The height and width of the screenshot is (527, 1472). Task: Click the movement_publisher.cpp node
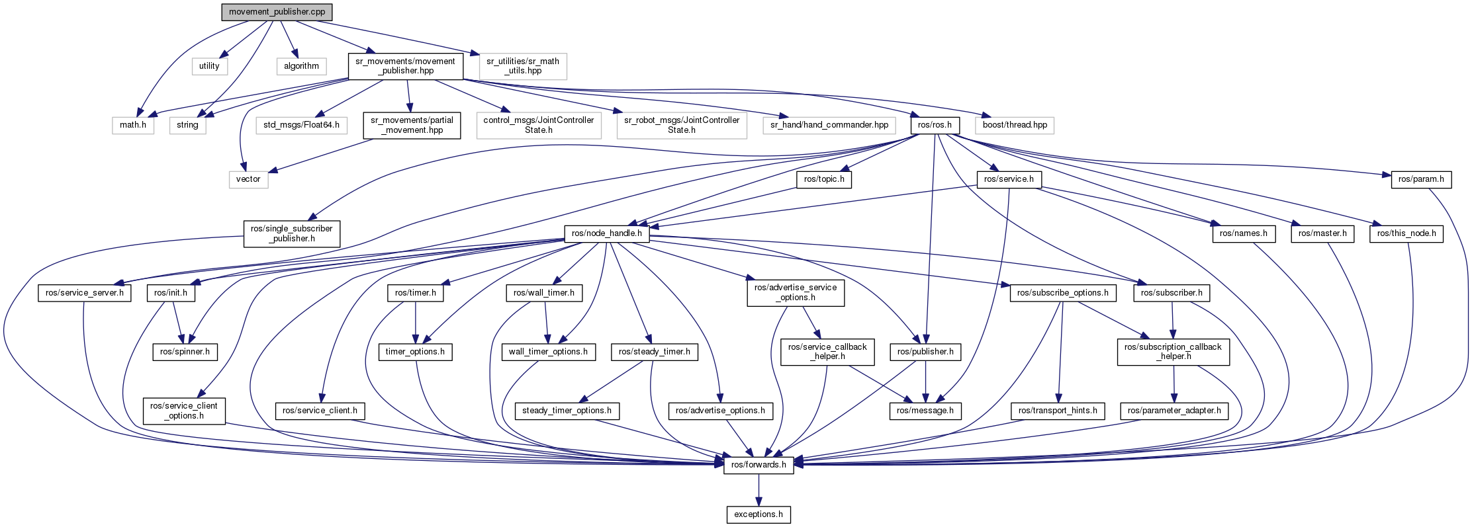pyautogui.click(x=277, y=12)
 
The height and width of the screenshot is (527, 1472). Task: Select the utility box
pyautogui.click(x=209, y=66)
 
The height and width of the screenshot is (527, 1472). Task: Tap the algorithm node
pyautogui.click(x=301, y=66)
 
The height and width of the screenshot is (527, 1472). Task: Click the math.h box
pyautogui.click(x=133, y=125)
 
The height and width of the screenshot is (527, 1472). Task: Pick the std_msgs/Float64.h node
pyautogui.click(x=301, y=125)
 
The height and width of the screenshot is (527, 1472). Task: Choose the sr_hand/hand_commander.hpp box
pyautogui.click(x=829, y=125)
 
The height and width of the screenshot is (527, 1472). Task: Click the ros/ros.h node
pyautogui.click(x=935, y=125)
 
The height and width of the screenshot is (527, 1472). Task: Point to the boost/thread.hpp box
pyautogui.click(x=1014, y=125)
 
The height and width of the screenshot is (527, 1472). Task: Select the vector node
pyautogui.click(x=248, y=179)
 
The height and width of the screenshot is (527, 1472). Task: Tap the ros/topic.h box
pyautogui.click(x=824, y=179)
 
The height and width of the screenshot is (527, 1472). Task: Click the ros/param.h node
pyautogui.click(x=1421, y=179)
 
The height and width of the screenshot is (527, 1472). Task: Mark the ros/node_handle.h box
pyautogui.click(x=606, y=233)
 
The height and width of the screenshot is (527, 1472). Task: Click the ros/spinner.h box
pyautogui.click(x=185, y=352)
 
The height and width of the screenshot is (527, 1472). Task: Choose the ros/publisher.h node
pyautogui.click(x=925, y=352)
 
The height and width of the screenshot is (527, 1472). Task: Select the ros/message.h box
pyautogui.click(x=925, y=411)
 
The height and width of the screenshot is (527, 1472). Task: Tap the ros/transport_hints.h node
pyautogui.click(x=1058, y=411)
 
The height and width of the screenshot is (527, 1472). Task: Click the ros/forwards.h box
pyautogui.click(x=759, y=465)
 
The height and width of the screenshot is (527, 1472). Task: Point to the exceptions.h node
pyautogui.click(x=759, y=514)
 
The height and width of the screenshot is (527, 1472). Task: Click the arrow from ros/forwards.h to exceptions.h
pyautogui.click(x=759, y=490)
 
